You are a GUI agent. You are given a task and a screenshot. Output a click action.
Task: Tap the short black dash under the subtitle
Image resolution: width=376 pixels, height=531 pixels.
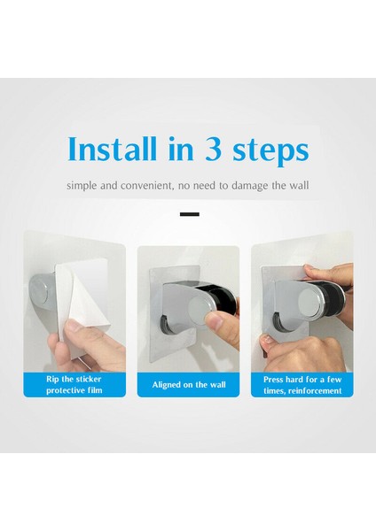click(x=188, y=214)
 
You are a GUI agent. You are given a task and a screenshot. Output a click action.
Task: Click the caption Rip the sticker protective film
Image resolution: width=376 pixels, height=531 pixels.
click(x=74, y=384)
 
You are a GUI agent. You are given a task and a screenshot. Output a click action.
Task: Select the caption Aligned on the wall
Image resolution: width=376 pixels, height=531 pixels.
click(x=188, y=384)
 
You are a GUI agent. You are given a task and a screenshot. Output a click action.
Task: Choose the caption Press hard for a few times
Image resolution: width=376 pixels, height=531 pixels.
click(x=302, y=384)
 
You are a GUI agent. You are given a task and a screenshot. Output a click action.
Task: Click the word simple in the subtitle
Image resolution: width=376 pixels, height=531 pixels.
click(x=82, y=186)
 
